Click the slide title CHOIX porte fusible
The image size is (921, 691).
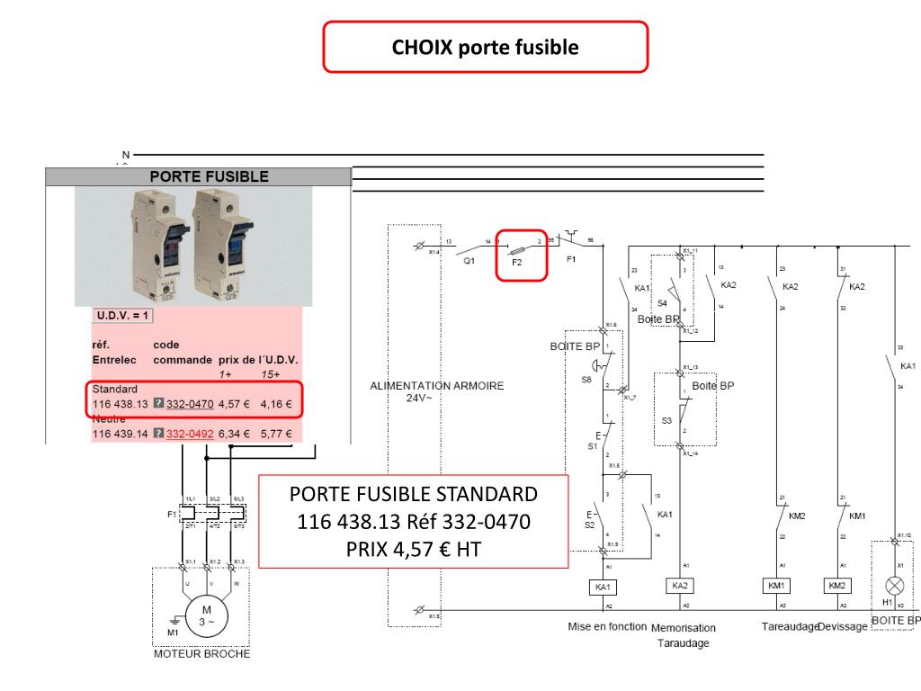485,47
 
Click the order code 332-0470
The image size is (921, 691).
189,405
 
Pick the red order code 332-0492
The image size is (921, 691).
189,434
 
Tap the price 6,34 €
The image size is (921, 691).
234,434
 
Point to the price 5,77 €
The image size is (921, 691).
276,434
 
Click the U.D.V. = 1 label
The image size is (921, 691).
122,316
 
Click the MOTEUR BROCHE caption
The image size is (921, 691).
202,654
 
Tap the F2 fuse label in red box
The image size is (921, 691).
516,263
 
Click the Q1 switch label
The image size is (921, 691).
469,261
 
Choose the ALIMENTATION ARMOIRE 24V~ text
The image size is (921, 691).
437,390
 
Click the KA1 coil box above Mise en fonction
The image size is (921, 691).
603,587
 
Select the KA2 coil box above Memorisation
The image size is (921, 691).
681,586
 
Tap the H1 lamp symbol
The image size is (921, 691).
894,584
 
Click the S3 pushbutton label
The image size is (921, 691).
666,420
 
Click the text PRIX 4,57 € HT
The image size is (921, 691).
413,548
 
